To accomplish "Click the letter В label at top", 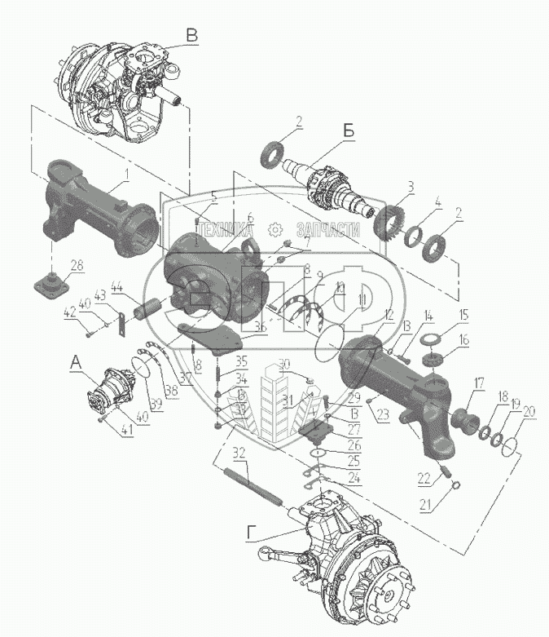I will (191, 35).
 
